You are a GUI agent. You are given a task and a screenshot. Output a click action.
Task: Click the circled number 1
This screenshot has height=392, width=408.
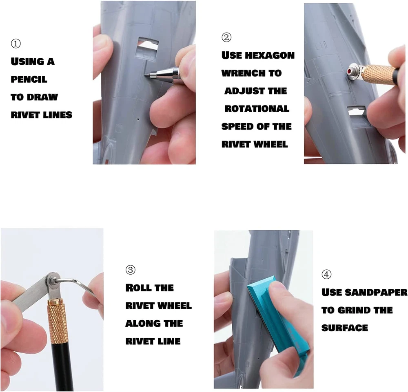tap(16, 44)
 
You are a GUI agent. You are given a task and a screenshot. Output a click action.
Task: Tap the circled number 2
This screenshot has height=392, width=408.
tap(226, 37)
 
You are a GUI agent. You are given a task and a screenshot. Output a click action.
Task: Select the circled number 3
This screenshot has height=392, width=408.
tap(131, 270)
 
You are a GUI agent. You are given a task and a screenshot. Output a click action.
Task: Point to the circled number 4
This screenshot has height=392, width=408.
tap(326, 275)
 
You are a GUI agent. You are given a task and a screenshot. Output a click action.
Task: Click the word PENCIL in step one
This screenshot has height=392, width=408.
tap(29, 79)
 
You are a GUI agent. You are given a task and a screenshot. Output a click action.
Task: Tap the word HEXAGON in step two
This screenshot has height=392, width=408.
tap(270, 55)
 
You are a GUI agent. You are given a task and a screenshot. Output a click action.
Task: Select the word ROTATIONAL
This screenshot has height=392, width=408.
tap(257, 109)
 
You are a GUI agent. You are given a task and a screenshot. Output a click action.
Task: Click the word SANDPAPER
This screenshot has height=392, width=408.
tap(376, 293)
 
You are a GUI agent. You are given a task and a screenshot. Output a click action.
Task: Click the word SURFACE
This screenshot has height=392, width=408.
tap(345, 328)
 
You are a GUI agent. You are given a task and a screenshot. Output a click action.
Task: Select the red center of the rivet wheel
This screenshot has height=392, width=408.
tap(349, 71)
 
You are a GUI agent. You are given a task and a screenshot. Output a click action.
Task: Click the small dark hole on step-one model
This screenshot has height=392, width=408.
tap(138, 119)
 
